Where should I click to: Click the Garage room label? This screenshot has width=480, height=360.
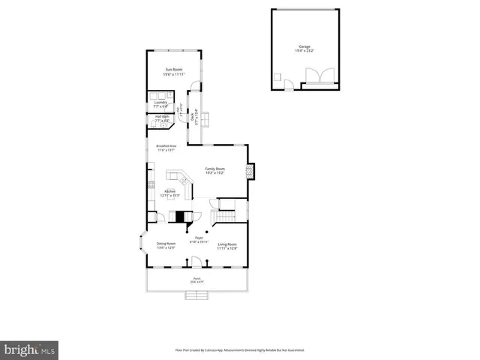coord(304,46)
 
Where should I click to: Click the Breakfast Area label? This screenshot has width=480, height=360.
coord(166,146)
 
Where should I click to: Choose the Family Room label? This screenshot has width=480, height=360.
coord(215,169)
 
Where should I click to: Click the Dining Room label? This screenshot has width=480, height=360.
coord(166,244)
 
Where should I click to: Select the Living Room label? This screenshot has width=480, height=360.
coord(227,244)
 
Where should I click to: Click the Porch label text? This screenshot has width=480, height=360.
coord(196,279)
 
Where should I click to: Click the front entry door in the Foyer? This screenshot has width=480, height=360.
coord(196,261)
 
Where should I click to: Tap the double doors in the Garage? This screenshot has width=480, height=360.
coord(313,76)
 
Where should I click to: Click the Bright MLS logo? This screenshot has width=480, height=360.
coord(31,349)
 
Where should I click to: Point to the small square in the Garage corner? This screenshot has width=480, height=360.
coord(277,76)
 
